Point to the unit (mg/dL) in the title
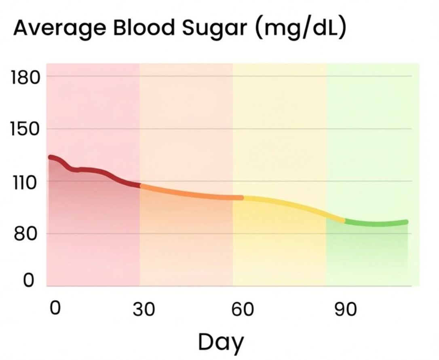pos(301,28)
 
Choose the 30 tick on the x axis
pos(144,310)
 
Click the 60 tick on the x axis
pos(243,310)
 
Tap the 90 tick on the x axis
pos(346,310)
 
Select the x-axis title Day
pos(221,342)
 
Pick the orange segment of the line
pos(190,195)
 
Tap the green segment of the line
pos(376,224)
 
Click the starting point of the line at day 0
pos(51,157)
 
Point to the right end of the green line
pos(406,222)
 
